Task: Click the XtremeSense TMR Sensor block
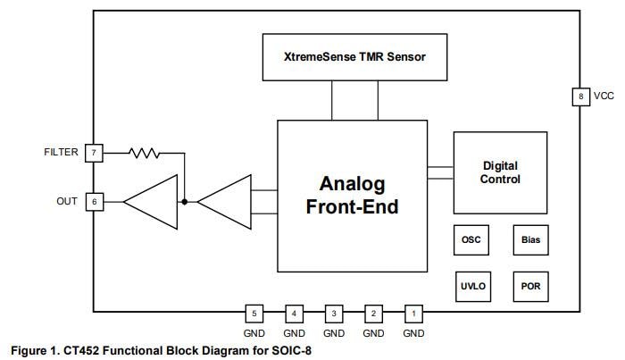(x=354, y=56)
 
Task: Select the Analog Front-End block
(x=353, y=196)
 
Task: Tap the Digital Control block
(x=500, y=172)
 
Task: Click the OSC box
(x=471, y=240)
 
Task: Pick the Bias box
(x=530, y=240)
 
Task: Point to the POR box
(x=530, y=286)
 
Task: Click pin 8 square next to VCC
(x=580, y=96)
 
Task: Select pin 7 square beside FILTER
(x=94, y=153)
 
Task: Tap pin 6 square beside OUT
(x=94, y=202)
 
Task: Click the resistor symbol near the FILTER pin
(x=145, y=153)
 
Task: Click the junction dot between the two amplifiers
(x=185, y=202)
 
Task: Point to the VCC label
(x=604, y=96)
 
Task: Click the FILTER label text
(x=61, y=153)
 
